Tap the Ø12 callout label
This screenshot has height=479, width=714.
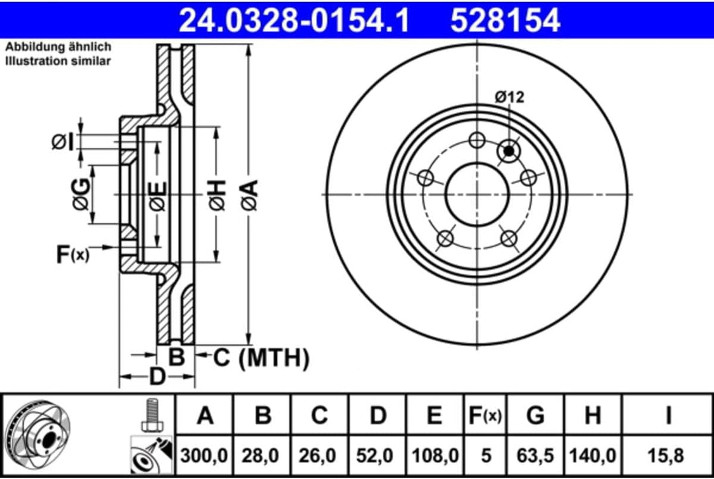pyautogui.click(x=509, y=97)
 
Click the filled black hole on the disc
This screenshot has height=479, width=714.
pyautogui.click(x=508, y=151)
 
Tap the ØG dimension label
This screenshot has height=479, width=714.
pyautogui.click(x=80, y=196)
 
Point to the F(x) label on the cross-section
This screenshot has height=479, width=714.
pyautogui.click(x=71, y=254)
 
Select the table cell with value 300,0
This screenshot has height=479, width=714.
pyautogui.click(x=206, y=455)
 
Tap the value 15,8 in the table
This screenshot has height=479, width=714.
pyautogui.click(x=668, y=455)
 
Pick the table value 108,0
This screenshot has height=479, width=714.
pyautogui.click(x=434, y=455)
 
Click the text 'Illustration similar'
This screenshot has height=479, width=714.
pyautogui.click(x=58, y=61)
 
